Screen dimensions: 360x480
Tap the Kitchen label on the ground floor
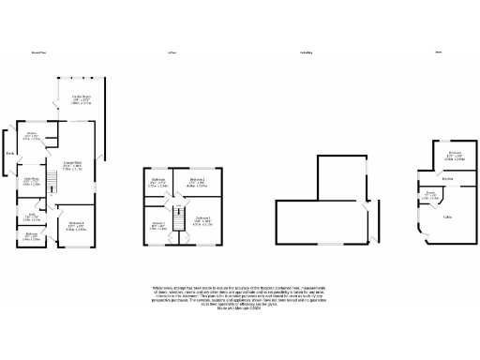31,134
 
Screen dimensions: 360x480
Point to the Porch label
8,153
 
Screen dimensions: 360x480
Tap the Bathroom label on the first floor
157,180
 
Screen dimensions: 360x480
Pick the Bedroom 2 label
196,180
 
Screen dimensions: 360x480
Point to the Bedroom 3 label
157,224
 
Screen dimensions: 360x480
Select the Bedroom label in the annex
454,152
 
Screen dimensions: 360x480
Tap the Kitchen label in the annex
448,178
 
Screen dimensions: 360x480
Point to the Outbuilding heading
306,53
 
